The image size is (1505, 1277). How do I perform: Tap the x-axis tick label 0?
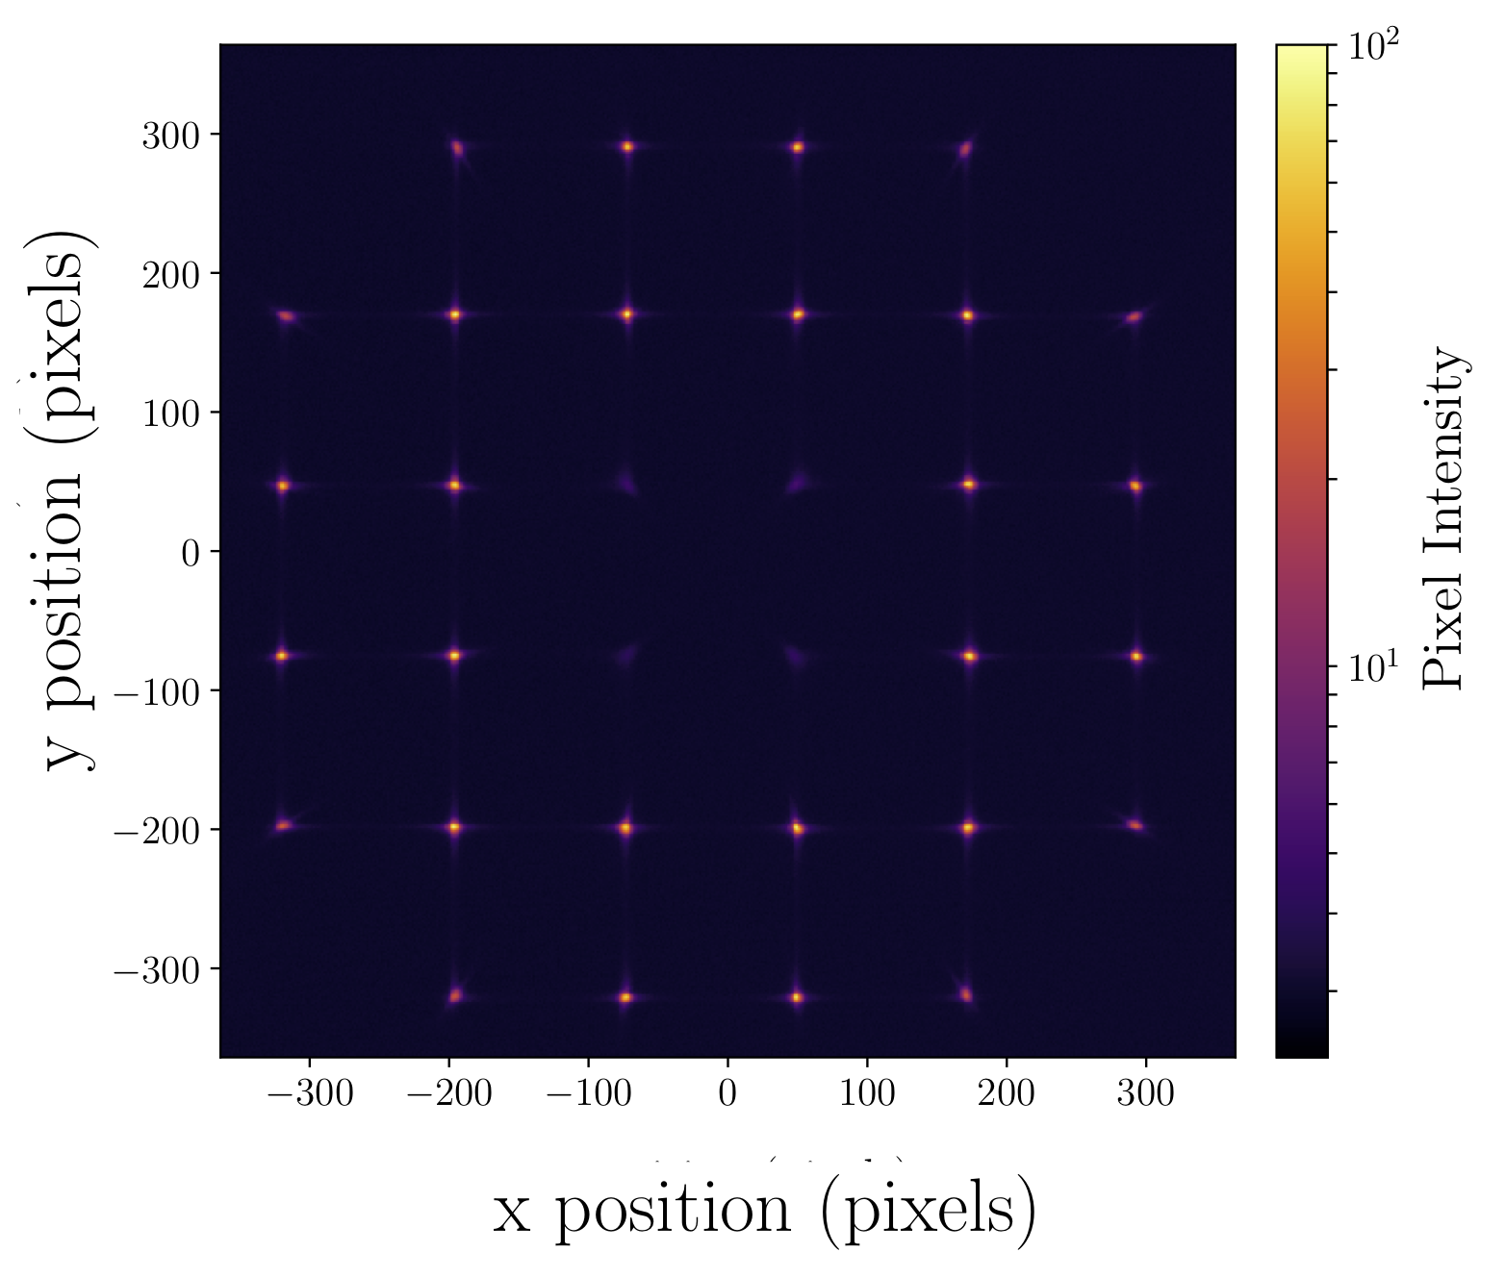727,1093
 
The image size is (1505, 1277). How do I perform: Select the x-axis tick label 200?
1007,1093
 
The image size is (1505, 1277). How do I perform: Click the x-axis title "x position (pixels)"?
765,1211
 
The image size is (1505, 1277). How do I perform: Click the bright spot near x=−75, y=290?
627,147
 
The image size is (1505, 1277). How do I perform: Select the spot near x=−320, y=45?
283,486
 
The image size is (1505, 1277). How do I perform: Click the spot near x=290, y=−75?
1136,657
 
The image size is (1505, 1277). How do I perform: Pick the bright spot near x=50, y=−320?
797,997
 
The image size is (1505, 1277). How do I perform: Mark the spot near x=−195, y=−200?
454,827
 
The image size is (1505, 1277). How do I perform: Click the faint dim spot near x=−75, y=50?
626,483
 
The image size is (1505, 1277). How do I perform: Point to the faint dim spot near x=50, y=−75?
796,658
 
